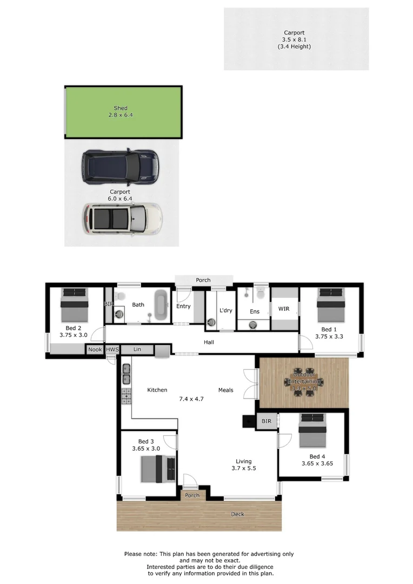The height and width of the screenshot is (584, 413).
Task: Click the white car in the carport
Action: (x=122, y=218)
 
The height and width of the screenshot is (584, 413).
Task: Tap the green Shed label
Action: (x=121, y=108)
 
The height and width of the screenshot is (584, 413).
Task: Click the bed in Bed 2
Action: (x=74, y=306)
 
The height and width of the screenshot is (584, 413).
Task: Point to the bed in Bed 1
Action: (x=331, y=306)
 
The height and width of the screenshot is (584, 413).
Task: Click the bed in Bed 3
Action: (x=158, y=469)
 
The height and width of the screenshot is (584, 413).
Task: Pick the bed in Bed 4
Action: (x=312, y=431)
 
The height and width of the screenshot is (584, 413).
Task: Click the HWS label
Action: (x=112, y=350)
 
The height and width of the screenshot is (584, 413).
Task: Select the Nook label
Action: (x=95, y=350)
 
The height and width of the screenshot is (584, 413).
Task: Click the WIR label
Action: (x=284, y=309)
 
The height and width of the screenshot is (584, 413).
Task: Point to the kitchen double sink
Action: (x=126, y=373)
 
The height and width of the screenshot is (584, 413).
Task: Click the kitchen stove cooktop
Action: (x=126, y=396)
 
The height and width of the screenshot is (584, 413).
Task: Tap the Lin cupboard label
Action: (x=137, y=350)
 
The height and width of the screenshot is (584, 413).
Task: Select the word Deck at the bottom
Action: (x=238, y=514)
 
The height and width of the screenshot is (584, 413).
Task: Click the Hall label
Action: (x=209, y=342)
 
